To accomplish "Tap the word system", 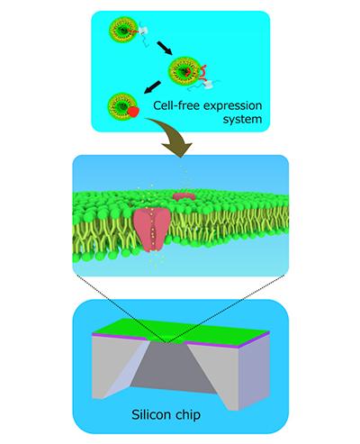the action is [242, 120].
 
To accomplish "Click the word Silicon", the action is [148, 414].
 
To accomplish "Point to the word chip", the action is [186, 415].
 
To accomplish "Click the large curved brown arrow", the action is [173, 135].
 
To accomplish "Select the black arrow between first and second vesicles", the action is [165, 48].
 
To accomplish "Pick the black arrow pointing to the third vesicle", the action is [152, 87].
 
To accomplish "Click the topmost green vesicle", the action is [121, 30].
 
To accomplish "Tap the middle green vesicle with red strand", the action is [183, 71].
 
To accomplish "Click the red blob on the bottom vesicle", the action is [133, 112].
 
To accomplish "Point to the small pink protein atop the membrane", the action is [184, 196].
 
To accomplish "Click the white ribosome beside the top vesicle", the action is [144, 31].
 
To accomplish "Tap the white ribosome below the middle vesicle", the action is [208, 86].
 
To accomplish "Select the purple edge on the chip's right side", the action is [255, 340].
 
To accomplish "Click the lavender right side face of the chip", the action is [255, 374].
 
